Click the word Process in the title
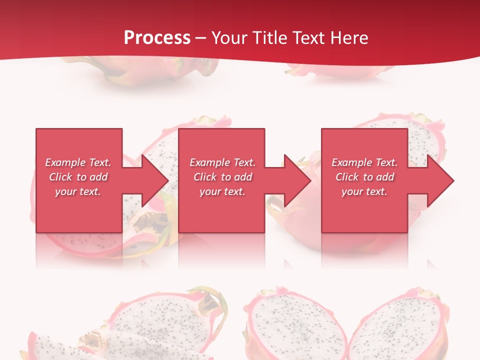[x=157, y=38]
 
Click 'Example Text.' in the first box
[x=78, y=162]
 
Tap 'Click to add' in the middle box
[x=222, y=177]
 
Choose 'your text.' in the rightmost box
[x=364, y=191]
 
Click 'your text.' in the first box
[x=78, y=191]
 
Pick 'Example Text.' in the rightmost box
[x=364, y=162]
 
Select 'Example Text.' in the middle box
[x=222, y=162]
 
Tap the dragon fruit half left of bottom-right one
[x=295, y=325]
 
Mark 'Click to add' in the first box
[x=78, y=177]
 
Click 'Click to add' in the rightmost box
[x=364, y=177]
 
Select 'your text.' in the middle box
[x=222, y=191]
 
